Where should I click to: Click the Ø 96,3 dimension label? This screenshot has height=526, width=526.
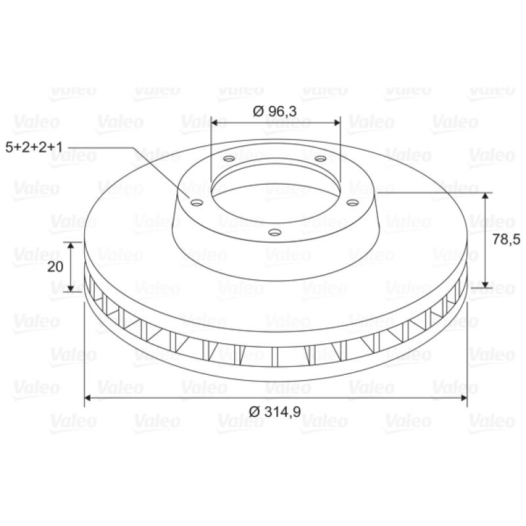275,111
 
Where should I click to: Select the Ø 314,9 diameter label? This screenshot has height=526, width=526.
275,412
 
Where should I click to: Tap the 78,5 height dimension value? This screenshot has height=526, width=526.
506,239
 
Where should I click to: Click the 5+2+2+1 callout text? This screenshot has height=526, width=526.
34,147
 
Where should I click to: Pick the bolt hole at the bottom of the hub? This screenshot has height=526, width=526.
275,232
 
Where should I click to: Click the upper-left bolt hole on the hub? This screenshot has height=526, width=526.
229,158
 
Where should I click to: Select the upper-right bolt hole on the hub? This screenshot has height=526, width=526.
321,158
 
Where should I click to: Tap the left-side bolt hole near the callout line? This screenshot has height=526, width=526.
197,203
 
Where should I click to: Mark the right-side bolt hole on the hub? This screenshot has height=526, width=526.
352,203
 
